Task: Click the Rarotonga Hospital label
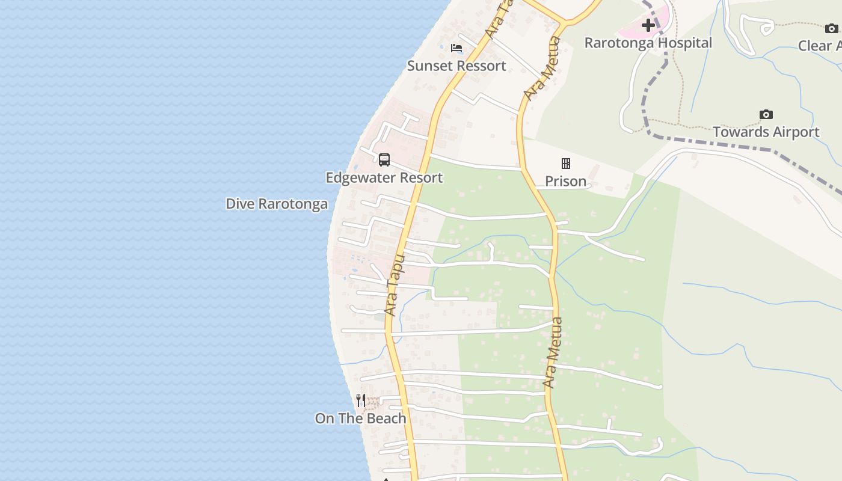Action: coord(648,43)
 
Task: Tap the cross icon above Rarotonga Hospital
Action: coord(648,25)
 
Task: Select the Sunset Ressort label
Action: coord(456,66)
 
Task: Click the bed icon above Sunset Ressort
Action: coord(456,48)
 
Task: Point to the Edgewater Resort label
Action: coord(384,178)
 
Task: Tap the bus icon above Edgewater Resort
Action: coord(384,160)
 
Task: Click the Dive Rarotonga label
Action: coord(277,204)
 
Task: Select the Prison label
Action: coord(565,182)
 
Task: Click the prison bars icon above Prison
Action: coord(565,164)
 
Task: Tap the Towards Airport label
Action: coord(766,132)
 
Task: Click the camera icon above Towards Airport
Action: coord(766,114)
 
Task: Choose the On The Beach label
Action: coord(360,419)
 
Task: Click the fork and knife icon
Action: coord(360,400)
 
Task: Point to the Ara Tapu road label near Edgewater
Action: coord(394,286)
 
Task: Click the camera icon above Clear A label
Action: coord(831,28)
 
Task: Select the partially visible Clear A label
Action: coord(820,46)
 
